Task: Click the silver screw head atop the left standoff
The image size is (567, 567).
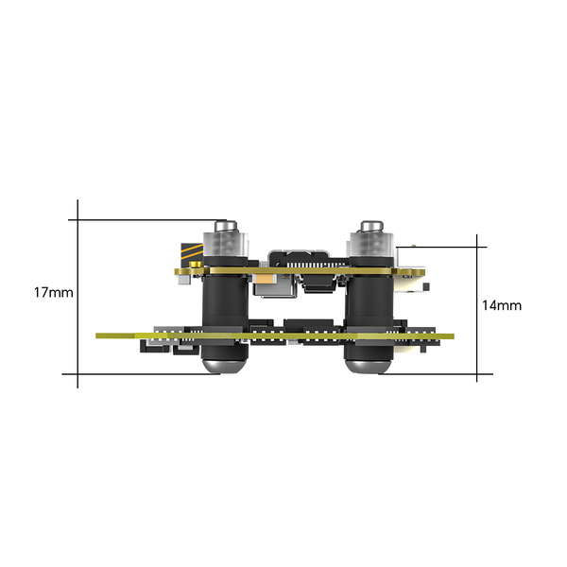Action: tap(226, 228)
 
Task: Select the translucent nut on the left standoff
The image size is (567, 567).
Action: tap(227, 248)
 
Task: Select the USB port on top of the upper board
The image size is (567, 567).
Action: tap(299, 258)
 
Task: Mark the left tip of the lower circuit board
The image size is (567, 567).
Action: tap(97, 335)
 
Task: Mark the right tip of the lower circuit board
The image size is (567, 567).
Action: tap(455, 334)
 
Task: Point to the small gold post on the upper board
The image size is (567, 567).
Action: tap(180, 274)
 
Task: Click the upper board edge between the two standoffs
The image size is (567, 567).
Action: tap(298, 272)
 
